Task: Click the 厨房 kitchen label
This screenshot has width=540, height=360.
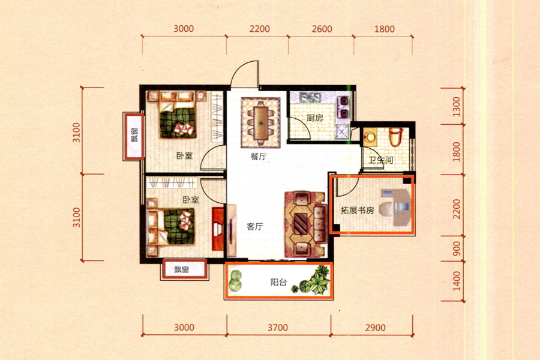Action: click(315, 118)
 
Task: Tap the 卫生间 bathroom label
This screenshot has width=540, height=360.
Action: click(381, 160)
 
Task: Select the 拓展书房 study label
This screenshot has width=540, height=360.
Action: click(357, 210)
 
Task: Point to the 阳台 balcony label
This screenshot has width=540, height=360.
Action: click(278, 283)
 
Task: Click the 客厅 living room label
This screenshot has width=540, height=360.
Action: click(255, 227)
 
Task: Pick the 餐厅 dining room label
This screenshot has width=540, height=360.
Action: click(258, 157)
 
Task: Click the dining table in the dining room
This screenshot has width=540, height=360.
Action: click(261, 122)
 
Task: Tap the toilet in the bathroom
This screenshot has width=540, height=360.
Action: click(396, 137)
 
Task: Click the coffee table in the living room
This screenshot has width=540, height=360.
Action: click(301, 224)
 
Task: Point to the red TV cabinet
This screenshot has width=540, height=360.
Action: click(218, 229)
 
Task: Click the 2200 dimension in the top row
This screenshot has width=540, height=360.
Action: click(260, 29)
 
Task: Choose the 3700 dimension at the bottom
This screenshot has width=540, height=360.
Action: click(278, 327)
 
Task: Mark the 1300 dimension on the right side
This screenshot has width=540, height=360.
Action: click(457, 107)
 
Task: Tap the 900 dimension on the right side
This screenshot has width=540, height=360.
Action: click(457, 248)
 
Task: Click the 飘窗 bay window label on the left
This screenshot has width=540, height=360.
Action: click(134, 136)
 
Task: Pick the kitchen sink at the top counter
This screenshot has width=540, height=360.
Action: click(310, 97)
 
